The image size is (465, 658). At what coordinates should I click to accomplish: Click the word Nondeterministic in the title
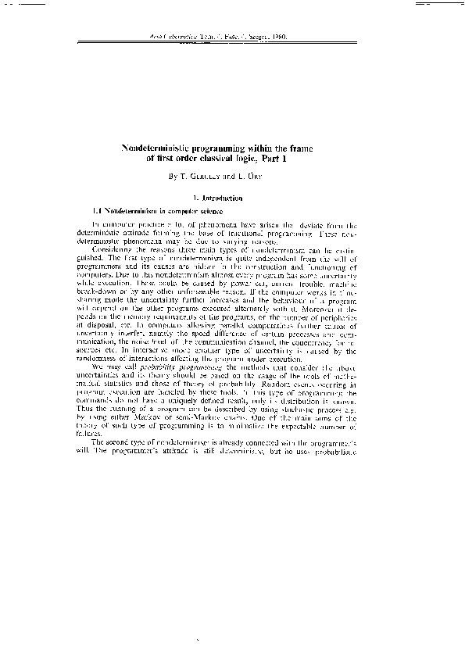(x=163, y=148)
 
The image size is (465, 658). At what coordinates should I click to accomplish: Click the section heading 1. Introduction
(x=232, y=198)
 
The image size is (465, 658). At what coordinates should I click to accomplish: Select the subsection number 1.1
(x=98, y=211)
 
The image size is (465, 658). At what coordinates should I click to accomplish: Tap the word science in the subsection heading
(x=209, y=211)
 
